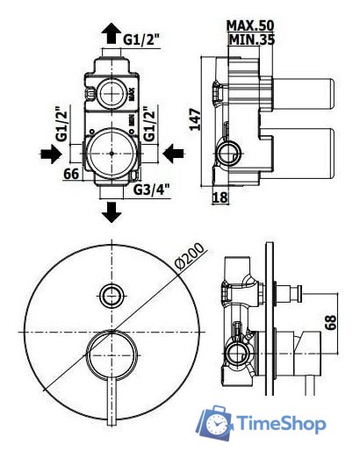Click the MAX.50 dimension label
pyautogui.click(x=250, y=25)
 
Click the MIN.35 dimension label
pyautogui.click(x=252, y=39)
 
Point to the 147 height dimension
pyautogui.click(x=195, y=119)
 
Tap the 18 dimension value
pyautogui.click(x=220, y=197)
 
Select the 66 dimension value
pyautogui.click(x=72, y=174)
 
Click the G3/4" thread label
pyautogui.click(x=152, y=190)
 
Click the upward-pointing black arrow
pyautogui.click(x=112, y=33)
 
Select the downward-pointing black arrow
pyautogui.click(x=112, y=212)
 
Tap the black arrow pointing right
pyautogui.click(x=51, y=154)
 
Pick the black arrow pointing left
pyautogui.click(x=173, y=154)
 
